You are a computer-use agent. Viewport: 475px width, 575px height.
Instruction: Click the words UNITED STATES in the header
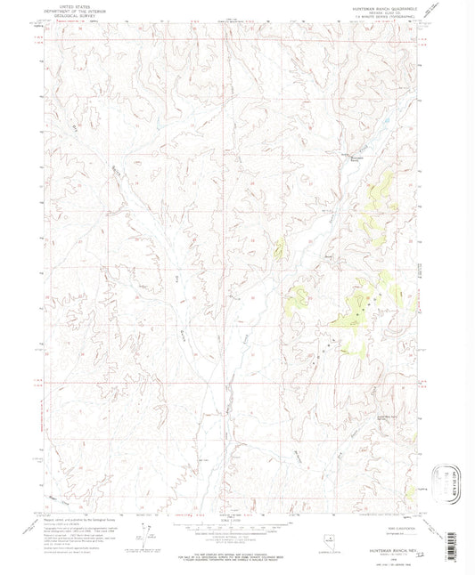point(64,4)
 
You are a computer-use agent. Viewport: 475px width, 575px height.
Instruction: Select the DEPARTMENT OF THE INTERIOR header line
point(64,9)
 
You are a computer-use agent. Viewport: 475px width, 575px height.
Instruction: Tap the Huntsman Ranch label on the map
point(356,158)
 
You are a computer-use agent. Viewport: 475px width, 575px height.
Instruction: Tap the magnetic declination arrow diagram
point(143,529)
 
